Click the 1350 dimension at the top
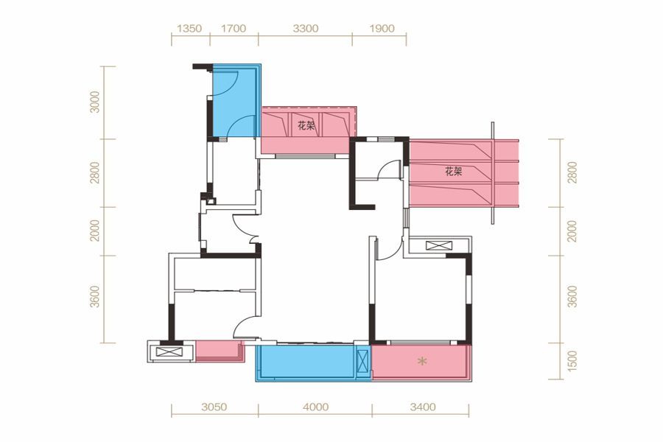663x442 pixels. (189, 29)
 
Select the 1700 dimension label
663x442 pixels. (234, 29)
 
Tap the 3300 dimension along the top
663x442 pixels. (305, 29)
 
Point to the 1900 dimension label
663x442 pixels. (382, 29)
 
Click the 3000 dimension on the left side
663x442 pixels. (96, 102)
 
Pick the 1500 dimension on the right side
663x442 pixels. (572, 361)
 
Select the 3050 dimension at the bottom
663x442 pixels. (214, 407)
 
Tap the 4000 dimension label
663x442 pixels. (315, 407)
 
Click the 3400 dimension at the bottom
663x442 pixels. (422, 407)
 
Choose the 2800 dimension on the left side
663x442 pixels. (96, 172)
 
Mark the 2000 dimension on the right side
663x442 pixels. (572, 231)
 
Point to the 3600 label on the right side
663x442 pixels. (572, 296)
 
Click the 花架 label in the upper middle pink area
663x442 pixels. (306, 126)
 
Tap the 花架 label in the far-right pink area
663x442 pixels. (453, 172)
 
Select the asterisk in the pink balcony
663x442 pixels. (421, 361)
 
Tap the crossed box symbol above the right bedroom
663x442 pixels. (439, 245)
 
